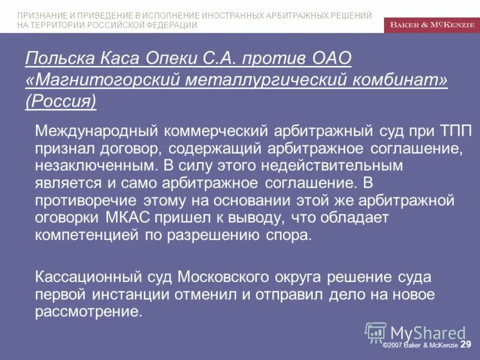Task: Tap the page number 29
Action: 466,344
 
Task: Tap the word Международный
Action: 96,131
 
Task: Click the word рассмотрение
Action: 89,313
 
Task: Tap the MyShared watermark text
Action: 428,333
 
